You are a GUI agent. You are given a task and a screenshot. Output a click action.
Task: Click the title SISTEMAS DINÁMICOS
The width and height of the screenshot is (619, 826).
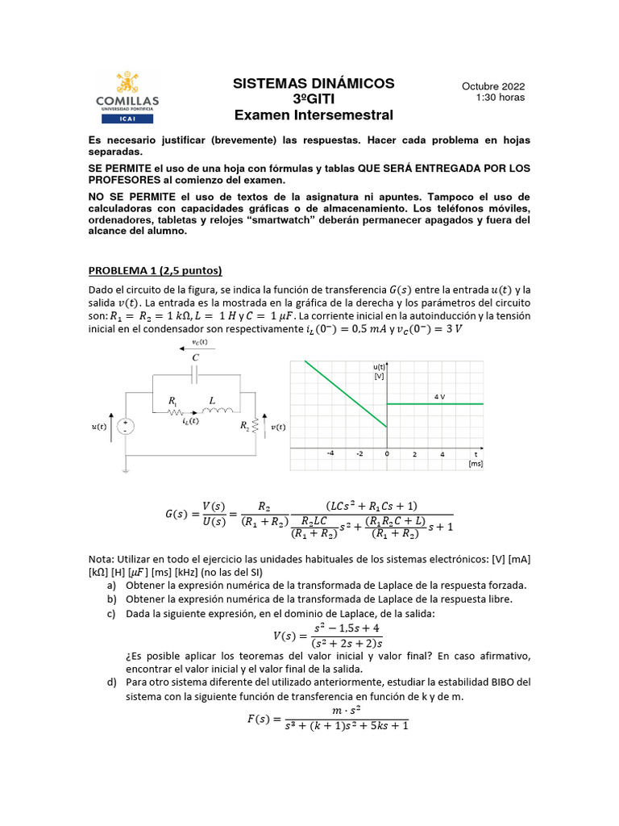314,83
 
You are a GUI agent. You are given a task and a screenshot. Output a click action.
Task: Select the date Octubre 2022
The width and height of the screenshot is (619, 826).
492,86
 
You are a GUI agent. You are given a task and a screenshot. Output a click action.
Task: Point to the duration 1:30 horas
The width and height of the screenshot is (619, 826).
501,98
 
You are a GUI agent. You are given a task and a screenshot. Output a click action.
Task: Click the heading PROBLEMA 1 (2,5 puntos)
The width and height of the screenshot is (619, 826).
155,270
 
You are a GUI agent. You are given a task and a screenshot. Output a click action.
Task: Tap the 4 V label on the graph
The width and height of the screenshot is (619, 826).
439,397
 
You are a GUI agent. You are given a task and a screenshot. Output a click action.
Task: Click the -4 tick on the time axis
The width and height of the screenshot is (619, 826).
330,453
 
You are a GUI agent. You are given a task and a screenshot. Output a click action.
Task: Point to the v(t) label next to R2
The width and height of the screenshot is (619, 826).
277,427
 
